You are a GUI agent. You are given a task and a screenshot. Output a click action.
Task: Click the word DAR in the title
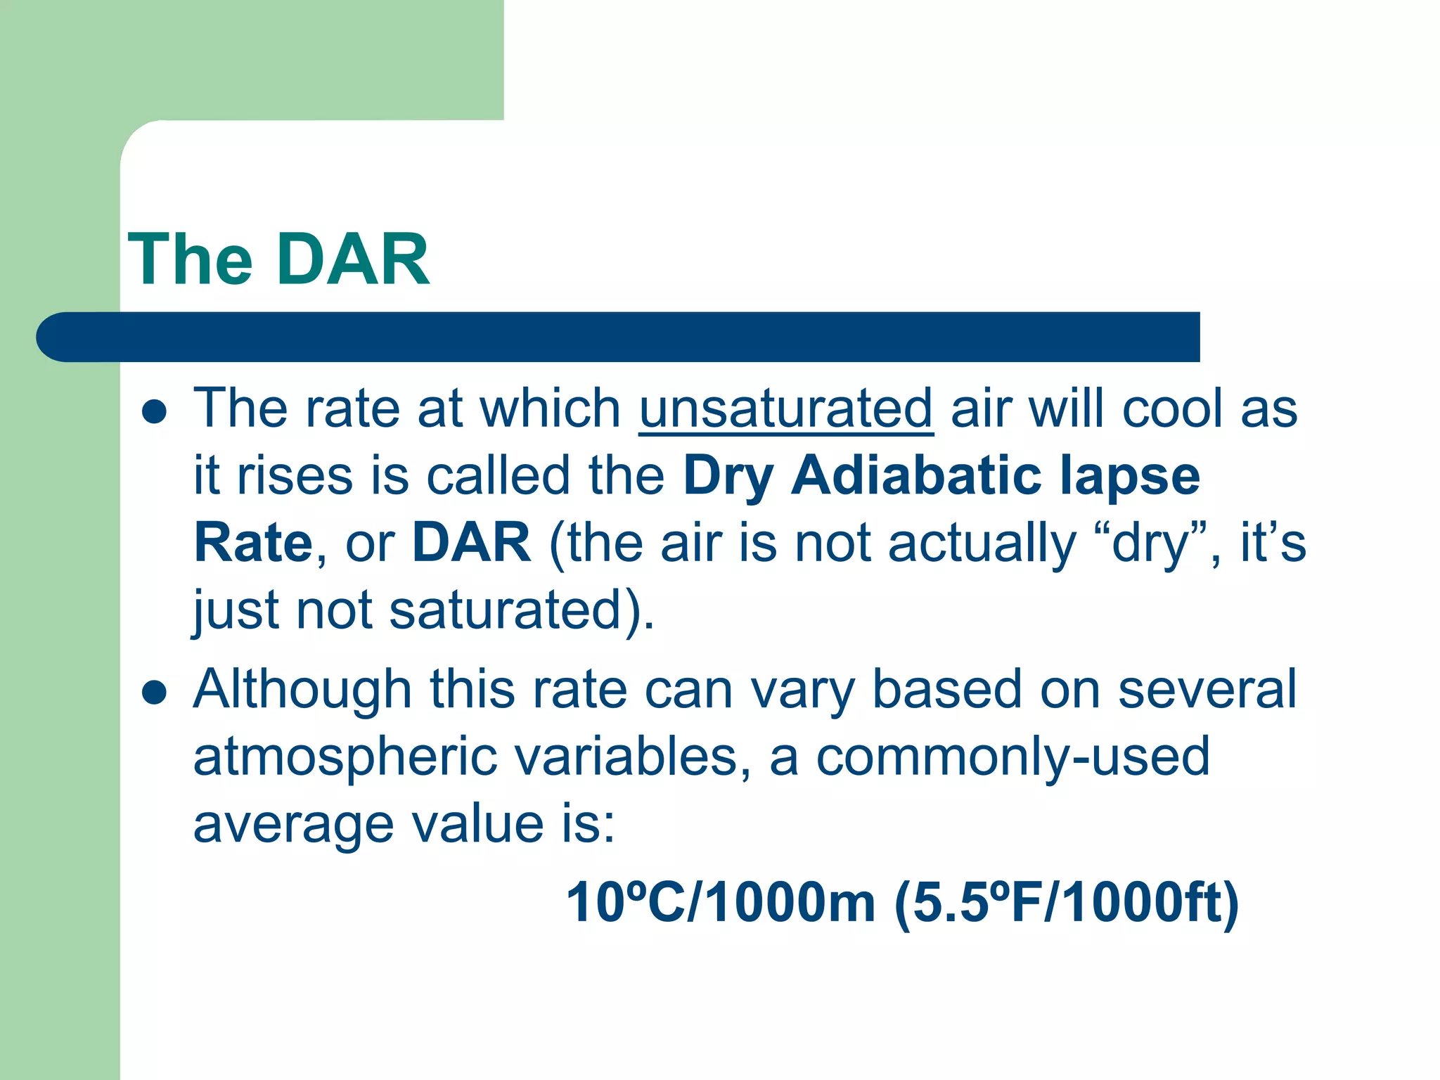[353, 260]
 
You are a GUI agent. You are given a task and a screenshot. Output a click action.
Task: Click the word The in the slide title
[190, 260]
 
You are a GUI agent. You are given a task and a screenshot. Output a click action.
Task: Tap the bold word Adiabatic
[916, 475]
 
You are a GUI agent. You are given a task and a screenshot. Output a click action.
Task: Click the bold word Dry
[728, 477]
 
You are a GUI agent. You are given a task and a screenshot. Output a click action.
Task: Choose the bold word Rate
[253, 543]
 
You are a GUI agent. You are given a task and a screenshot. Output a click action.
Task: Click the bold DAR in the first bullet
[472, 543]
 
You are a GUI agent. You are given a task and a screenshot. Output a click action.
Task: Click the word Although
[302, 690]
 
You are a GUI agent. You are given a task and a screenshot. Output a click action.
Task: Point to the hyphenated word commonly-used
[1012, 758]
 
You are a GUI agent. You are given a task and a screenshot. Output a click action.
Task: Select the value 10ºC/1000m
[720, 903]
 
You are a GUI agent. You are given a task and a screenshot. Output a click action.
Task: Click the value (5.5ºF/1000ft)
[1066, 903]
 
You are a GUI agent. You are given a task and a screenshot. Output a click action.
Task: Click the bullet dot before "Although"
[154, 693]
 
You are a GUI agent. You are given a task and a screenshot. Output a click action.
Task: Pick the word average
[294, 825]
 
